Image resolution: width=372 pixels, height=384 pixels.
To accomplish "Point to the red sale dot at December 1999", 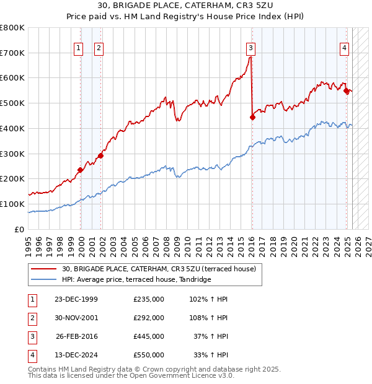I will [x=81, y=170].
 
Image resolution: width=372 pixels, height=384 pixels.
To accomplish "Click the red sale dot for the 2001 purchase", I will [x=101, y=155].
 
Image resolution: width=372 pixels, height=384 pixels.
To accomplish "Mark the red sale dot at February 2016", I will [x=252, y=117].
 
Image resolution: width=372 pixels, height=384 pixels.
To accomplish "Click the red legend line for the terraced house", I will [x=44, y=269].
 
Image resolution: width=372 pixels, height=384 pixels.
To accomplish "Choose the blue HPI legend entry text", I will [x=136, y=279].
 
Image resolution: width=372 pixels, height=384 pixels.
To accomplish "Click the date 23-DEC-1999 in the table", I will [x=76, y=299].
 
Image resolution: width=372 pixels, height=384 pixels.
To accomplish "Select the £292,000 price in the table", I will [x=148, y=318].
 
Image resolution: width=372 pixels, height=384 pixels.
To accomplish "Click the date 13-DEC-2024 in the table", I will [x=76, y=355].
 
